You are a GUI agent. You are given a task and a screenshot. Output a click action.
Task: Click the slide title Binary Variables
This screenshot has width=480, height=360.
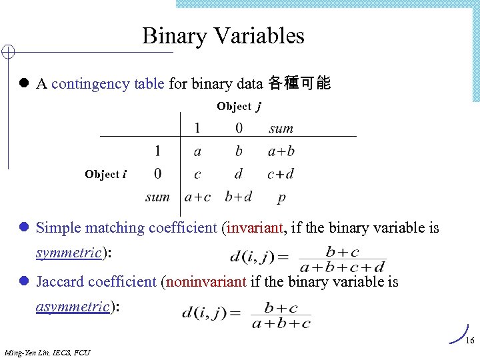(223, 35)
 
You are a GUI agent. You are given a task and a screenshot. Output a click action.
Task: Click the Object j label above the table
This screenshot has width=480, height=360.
(239, 107)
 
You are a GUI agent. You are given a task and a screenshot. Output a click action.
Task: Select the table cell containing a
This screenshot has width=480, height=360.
(197, 152)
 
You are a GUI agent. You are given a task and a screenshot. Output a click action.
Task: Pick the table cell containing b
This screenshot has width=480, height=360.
(239, 151)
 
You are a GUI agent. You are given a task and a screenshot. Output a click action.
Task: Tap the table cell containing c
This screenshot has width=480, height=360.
(197, 175)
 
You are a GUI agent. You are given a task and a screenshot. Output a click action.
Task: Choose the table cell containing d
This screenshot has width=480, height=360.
(239, 175)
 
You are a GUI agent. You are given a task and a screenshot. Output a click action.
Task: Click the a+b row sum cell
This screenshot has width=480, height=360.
(281, 152)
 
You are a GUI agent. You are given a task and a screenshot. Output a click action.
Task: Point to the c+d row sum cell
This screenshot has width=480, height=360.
(281, 175)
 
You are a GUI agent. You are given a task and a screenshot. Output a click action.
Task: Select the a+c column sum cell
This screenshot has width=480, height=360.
(197, 197)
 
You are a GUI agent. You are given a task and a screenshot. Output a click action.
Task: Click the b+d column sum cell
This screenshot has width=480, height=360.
(239, 197)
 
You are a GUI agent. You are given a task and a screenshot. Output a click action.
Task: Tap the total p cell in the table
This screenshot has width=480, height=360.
(281, 198)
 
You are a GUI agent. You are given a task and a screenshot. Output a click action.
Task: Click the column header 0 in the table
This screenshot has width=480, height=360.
(239, 128)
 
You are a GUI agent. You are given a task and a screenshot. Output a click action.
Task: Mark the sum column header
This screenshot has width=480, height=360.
(281, 129)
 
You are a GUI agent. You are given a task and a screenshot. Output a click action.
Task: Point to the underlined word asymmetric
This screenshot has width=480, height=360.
(72, 307)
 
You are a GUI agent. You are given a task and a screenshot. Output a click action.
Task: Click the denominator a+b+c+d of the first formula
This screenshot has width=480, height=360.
(343, 267)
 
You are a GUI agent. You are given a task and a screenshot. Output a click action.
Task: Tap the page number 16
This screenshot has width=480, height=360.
(469, 341)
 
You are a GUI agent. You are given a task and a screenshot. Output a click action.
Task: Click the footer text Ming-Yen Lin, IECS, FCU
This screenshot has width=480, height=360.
(47, 352)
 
